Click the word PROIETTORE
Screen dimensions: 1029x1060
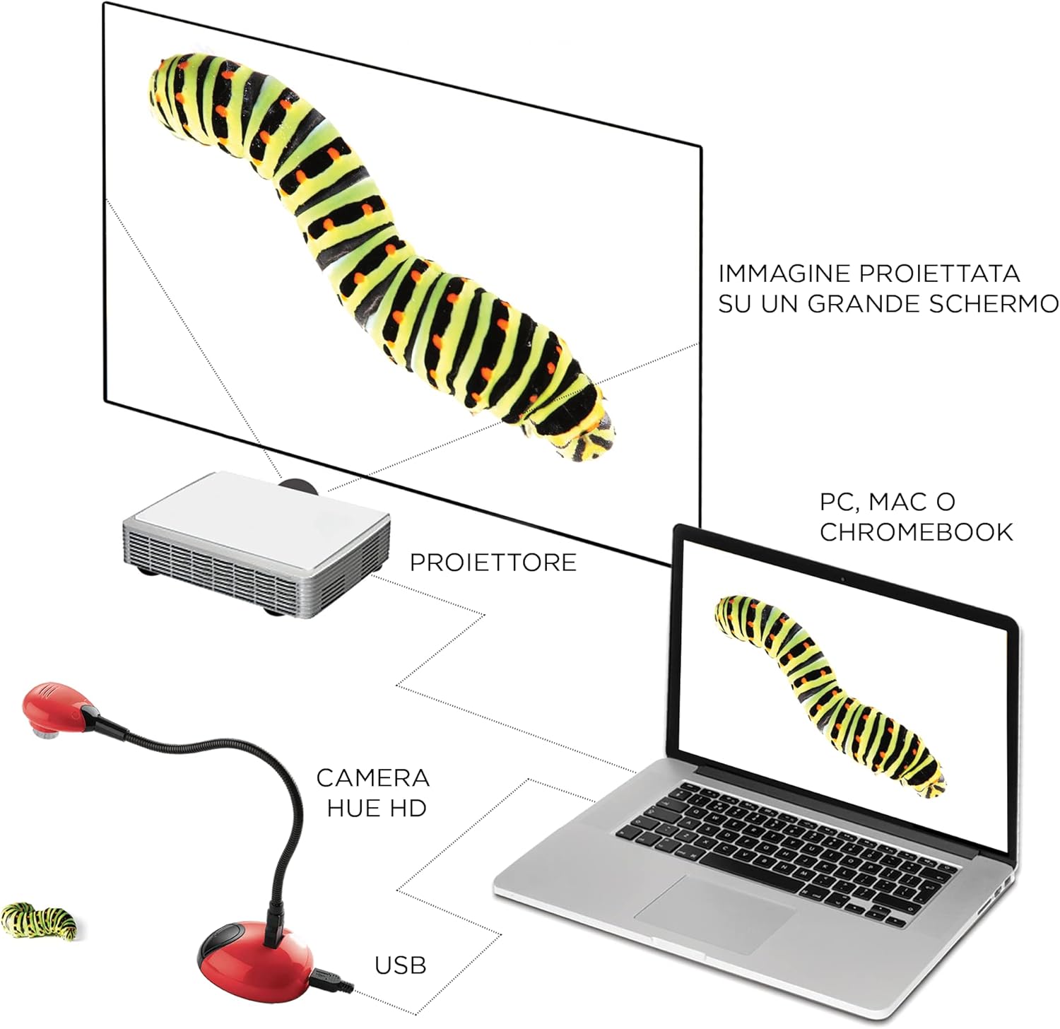(493, 563)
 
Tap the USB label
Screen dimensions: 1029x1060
(401, 965)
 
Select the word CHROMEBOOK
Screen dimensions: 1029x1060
(916, 531)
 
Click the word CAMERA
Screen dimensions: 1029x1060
(372, 778)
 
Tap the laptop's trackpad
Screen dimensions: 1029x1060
(714, 913)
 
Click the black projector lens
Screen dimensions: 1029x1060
(297, 485)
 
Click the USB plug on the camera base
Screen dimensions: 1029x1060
(332, 982)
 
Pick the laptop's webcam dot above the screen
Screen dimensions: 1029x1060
(842, 580)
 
